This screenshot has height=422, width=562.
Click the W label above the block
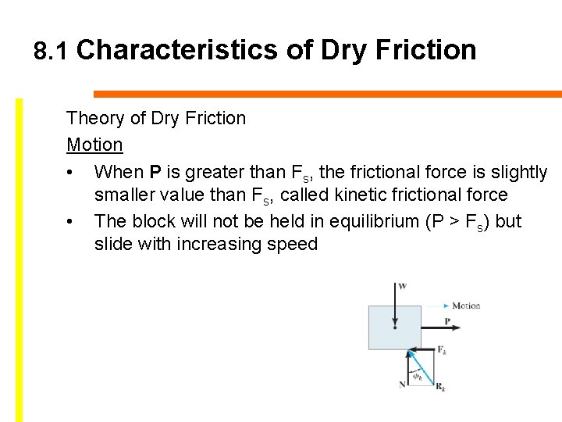[402, 287]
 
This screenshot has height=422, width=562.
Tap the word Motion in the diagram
[466, 306]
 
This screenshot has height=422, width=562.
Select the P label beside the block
[447, 321]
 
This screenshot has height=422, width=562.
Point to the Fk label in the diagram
[441, 349]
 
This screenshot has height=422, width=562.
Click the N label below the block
[402, 384]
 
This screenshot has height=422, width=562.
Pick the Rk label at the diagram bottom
[441, 387]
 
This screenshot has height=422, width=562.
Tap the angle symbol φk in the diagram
[418, 376]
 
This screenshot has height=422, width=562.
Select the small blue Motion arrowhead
[446, 306]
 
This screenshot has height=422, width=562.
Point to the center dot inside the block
[396, 327]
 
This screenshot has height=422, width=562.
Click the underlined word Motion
[94, 145]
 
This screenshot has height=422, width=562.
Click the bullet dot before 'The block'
[70, 222]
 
